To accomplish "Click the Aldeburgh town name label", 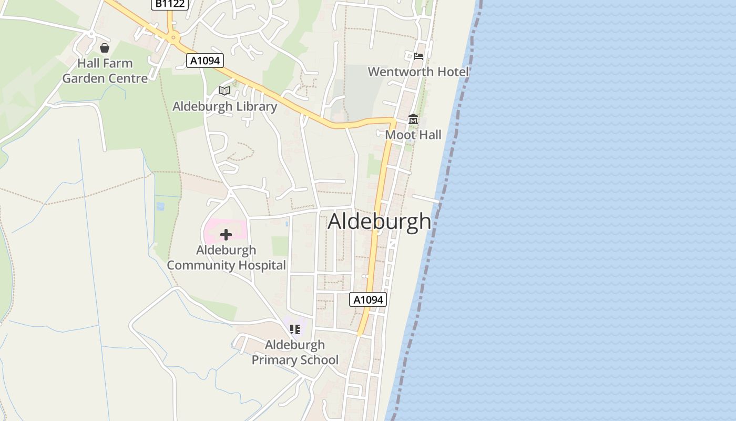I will tap(379, 222).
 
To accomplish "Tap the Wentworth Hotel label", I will tap(418, 72).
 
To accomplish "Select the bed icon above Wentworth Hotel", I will tap(418, 56).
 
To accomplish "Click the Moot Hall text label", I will tap(413, 135).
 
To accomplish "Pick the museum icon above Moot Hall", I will tap(413, 120).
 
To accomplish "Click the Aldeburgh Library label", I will tap(224, 106).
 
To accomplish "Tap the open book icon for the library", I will tap(224, 91).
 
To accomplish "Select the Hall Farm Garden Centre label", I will tap(105, 71).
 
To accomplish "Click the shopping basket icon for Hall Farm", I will tap(105, 48).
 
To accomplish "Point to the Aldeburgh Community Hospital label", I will tap(226, 257).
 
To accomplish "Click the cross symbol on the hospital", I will tap(226, 234).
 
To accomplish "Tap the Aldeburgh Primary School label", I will tap(295, 352).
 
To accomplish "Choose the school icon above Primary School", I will tap(295, 329).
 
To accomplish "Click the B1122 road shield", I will tap(170, 4).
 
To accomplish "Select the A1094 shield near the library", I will tap(205, 61).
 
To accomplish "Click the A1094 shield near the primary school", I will tap(368, 299).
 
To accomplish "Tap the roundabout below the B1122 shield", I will tap(172, 37).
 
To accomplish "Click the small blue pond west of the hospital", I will tap(160, 206).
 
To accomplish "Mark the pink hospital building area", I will tap(213, 232).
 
